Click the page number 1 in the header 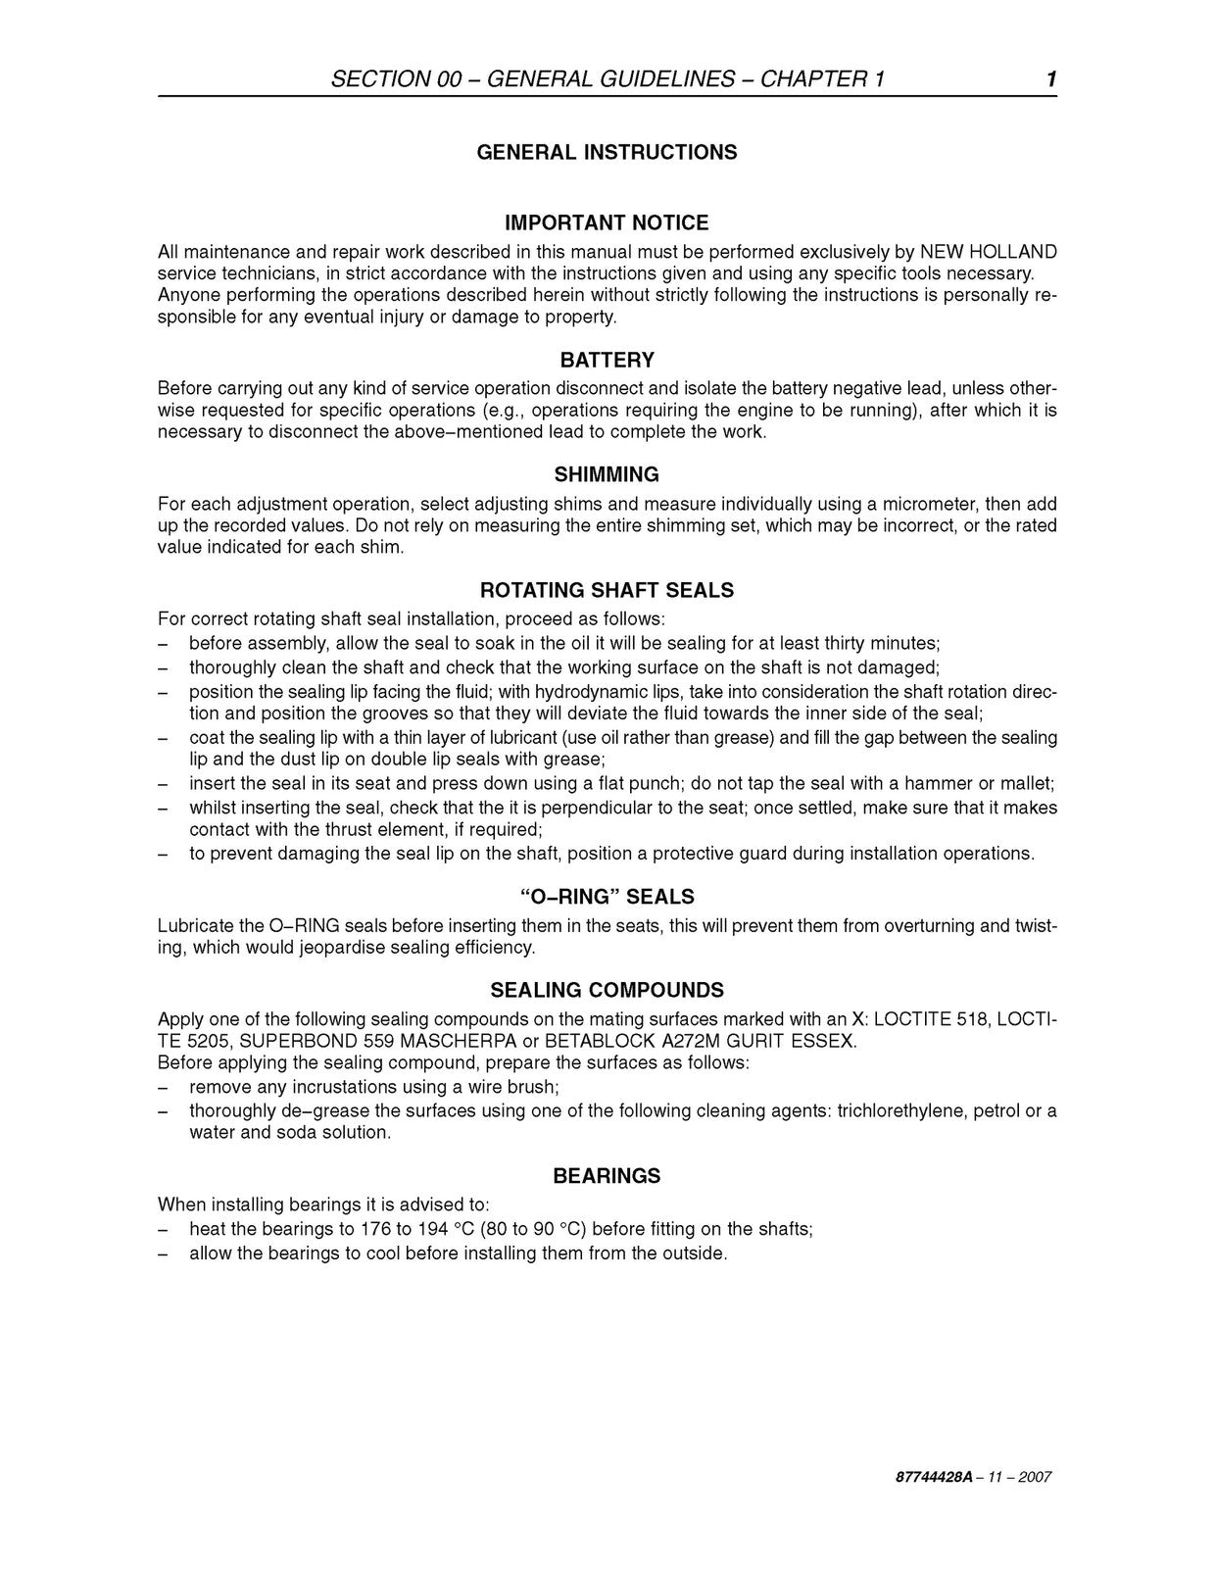click(x=1050, y=79)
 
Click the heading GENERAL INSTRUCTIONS click(x=607, y=152)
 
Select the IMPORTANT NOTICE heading click(x=607, y=222)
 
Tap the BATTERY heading click(x=607, y=360)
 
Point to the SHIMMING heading click(x=607, y=475)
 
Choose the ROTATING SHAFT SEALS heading click(x=607, y=590)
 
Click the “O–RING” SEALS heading click(x=607, y=897)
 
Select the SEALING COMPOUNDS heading click(x=607, y=990)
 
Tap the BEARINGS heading click(x=607, y=1176)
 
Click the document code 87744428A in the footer click(x=918, y=1477)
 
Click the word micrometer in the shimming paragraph click(x=927, y=504)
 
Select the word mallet click(x=1027, y=783)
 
